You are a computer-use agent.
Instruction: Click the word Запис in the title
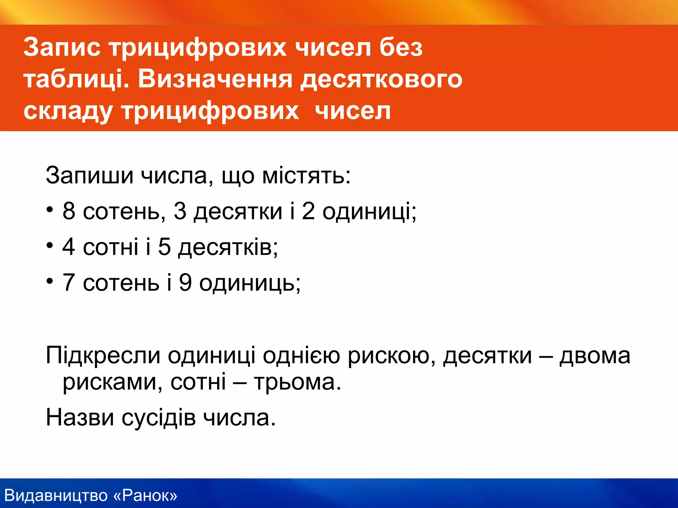[x=62, y=48]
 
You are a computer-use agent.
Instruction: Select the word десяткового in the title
[x=381, y=79]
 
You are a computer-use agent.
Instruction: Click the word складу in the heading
[x=68, y=111]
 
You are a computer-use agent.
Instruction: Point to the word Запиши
[x=89, y=175]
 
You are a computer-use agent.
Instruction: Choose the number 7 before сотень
[x=69, y=282]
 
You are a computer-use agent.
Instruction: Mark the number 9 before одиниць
[x=185, y=282]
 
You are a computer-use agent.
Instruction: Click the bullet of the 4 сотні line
[x=50, y=246]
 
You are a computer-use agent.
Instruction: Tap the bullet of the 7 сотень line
[x=50, y=281]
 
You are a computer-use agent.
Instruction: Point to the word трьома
[x=298, y=382]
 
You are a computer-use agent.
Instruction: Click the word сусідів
[x=159, y=418]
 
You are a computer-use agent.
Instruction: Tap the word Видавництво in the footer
[x=56, y=495]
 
